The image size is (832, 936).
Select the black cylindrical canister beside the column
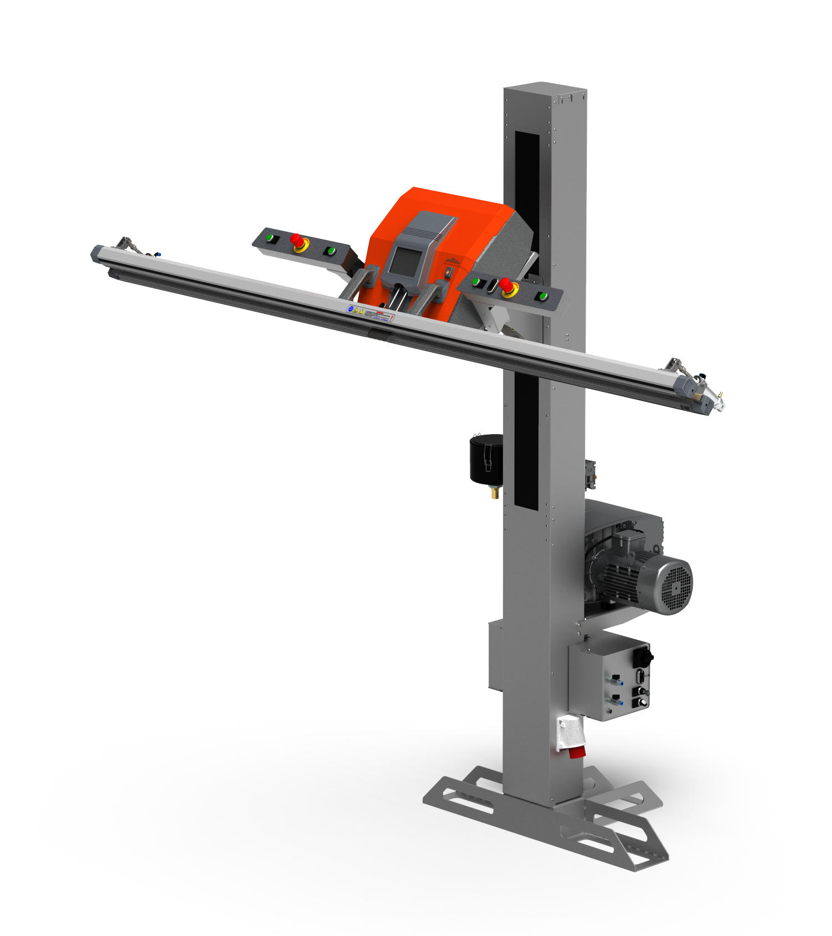(486, 458)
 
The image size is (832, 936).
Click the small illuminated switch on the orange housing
(450, 272)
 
